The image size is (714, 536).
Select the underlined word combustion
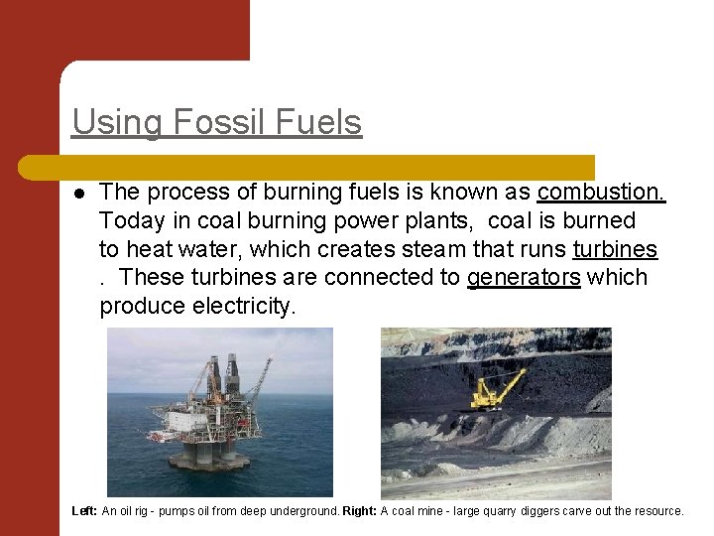coord(602,192)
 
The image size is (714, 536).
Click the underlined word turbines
coord(615,249)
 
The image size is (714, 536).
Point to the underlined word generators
coord(524,278)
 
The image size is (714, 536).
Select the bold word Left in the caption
coord(84,511)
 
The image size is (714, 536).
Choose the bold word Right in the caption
coord(359,511)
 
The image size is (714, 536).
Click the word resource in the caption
coord(658,511)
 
